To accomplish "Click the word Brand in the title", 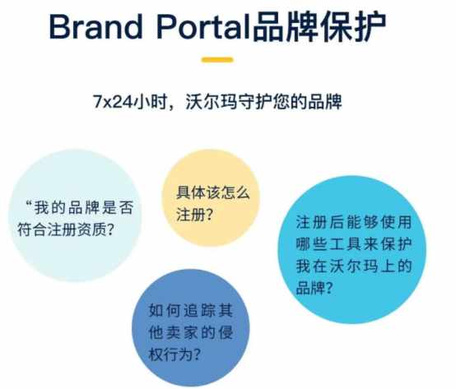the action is tap(96, 26).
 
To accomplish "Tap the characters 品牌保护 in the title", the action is tap(319, 26).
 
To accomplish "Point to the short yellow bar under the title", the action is tap(217, 60).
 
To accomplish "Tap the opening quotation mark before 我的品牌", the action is tap(28, 203).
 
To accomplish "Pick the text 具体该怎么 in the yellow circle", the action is tap(213, 192).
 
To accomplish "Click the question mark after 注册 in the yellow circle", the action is tap(209, 215).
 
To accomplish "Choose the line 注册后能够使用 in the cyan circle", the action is tap(354, 222).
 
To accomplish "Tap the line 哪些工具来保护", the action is tap(354, 244).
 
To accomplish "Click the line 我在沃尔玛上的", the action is tap(354, 266).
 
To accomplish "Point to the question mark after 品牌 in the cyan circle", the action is tap(328, 288).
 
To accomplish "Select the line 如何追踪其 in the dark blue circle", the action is tap(191, 310).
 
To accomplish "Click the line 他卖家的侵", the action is tap(191, 332).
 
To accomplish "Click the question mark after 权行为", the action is tap(197, 354).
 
